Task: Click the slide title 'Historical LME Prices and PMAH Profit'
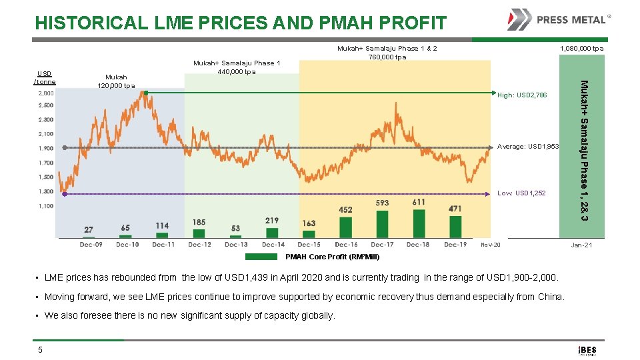pyautogui.click(x=241, y=23)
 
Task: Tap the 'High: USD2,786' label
pyautogui.click(x=522, y=95)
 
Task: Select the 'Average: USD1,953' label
pyautogui.click(x=529, y=147)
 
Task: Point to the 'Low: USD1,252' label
pyautogui.click(x=521, y=193)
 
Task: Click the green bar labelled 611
pyautogui.click(x=419, y=223)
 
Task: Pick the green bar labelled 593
pyautogui.click(x=382, y=224)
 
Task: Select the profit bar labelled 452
pyautogui.click(x=345, y=227)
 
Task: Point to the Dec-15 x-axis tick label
pyautogui.click(x=309, y=245)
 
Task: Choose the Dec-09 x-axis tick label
pyautogui.click(x=91, y=245)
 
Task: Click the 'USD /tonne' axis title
pyautogui.click(x=45, y=77)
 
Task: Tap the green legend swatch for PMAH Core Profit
pyautogui.click(x=265, y=257)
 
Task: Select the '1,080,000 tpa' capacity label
pyautogui.click(x=581, y=49)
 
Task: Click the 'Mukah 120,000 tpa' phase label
pyautogui.click(x=116, y=81)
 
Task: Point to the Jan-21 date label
pyautogui.click(x=581, y=245)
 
